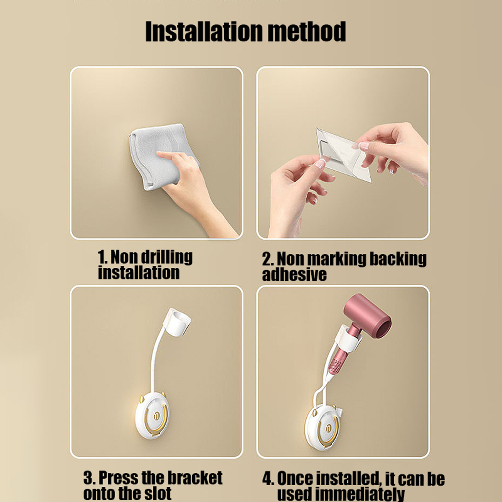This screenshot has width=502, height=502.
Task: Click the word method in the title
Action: [x=304, y=31]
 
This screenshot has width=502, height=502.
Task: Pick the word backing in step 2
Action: [x=398, y=259]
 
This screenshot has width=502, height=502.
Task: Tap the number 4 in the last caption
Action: [x=267, y=479]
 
